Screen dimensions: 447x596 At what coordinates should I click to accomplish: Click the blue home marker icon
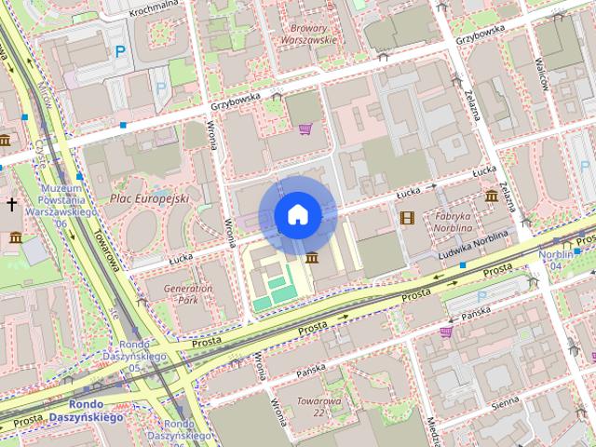[x=297, y=215]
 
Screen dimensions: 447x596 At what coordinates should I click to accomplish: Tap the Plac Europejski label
[x=149, y=198]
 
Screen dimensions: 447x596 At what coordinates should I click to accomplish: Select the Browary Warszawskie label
[x=308, y=34]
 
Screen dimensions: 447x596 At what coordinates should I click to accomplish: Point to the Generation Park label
[x=188, y=294]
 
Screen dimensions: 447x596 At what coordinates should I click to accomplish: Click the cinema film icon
[x=406, y=218]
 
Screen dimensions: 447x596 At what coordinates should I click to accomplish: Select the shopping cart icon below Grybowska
[x=305, y=129]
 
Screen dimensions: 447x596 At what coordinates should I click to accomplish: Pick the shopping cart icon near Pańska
[x=446, y=331]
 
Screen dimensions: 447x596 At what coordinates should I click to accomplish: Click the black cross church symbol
[x=11, y=203]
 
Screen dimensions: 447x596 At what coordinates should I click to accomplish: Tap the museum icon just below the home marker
[x=310, y=258]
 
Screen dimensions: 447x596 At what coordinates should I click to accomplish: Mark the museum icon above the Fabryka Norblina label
[x=491, y=196]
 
